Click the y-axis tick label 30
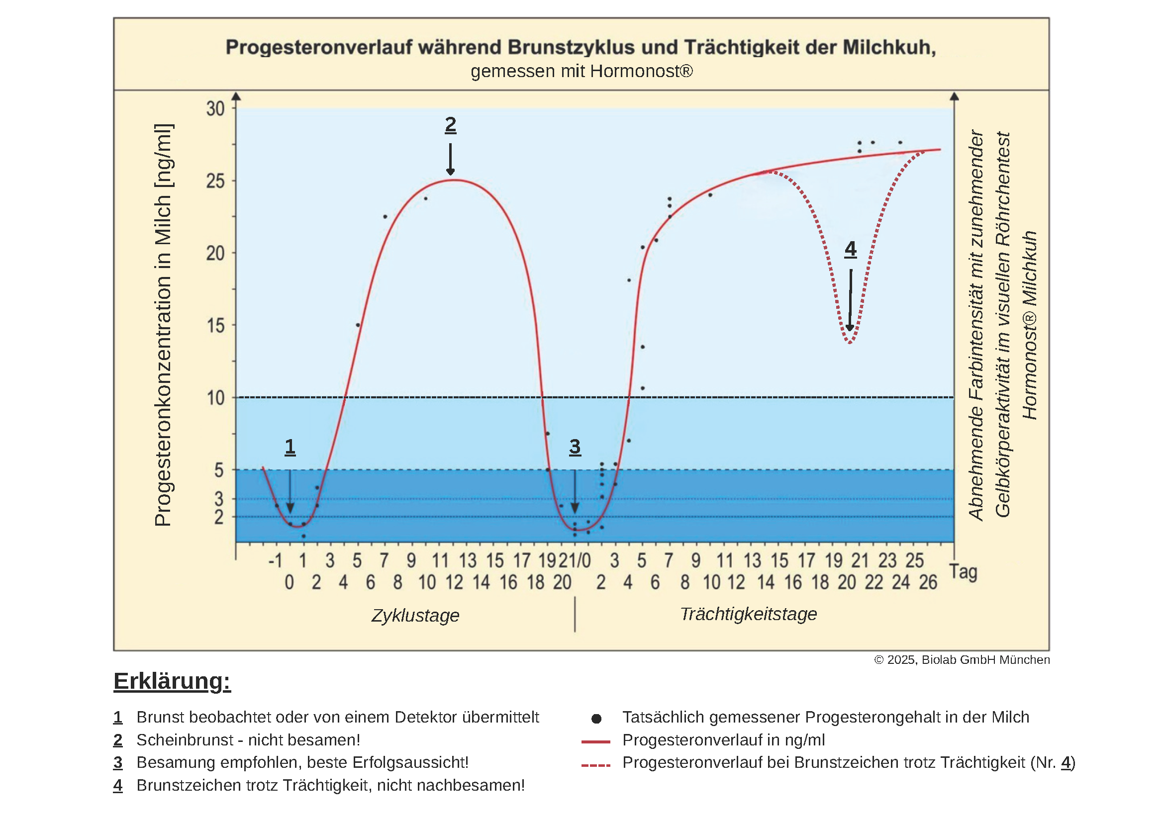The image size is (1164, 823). click(215, 109)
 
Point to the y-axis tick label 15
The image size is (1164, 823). click(215, 326)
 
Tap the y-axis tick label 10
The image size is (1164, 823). click(215, 398)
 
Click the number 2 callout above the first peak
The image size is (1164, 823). click(450, 125)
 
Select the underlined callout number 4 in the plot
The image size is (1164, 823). click(850, 249)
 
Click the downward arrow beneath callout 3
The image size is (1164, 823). click(575, 492)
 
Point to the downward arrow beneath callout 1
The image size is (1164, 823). click(290, 492)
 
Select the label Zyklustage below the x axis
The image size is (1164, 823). click(415, 615)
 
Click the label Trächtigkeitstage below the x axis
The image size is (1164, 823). click(748, 614)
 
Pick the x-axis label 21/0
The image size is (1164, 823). click(575, 560)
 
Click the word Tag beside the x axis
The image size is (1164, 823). click(963, 572)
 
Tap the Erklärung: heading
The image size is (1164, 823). click(172, 681)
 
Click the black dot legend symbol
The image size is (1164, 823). click(596, 719)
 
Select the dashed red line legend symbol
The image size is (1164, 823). click(596, 765)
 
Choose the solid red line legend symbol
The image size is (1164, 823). click(596, 741)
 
